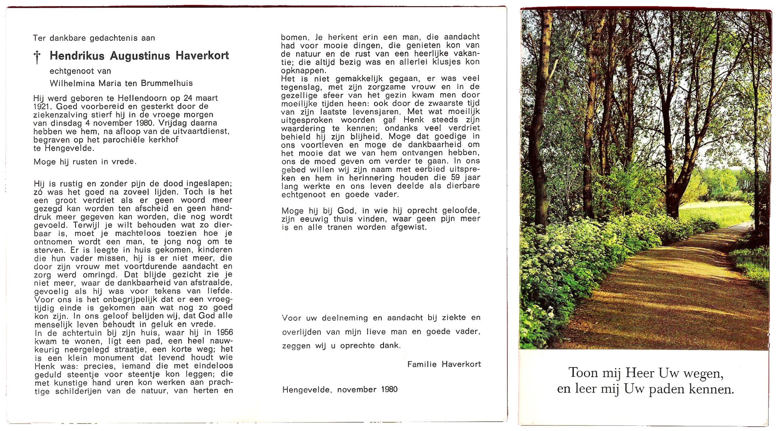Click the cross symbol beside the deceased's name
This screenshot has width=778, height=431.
[x=37, y=57]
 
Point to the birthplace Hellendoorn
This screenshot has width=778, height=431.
[x=135, y=98]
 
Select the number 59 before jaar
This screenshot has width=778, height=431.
[x=455, y=178]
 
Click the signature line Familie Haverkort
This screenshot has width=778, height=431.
[x=444, y=364]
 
